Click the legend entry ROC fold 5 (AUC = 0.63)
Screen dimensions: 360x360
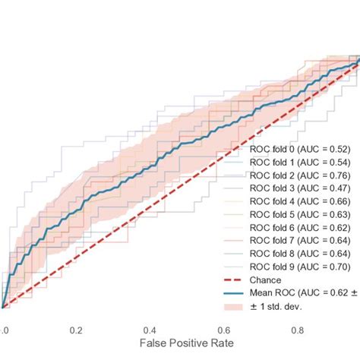coord(301,226)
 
